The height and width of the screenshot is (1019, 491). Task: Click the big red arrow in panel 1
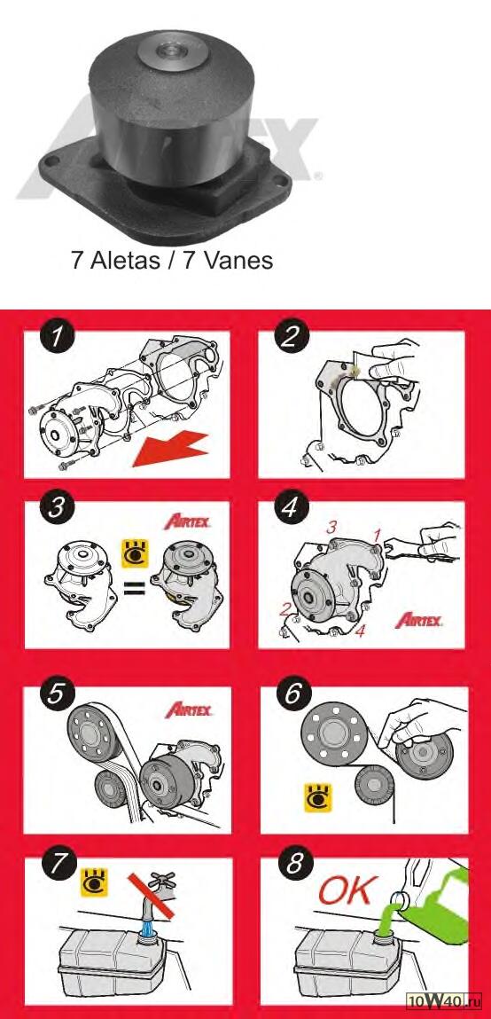click(170, 450)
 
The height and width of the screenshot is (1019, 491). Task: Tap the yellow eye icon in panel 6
click(318, 796)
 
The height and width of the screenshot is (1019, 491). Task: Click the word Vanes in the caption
click(237, 260)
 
